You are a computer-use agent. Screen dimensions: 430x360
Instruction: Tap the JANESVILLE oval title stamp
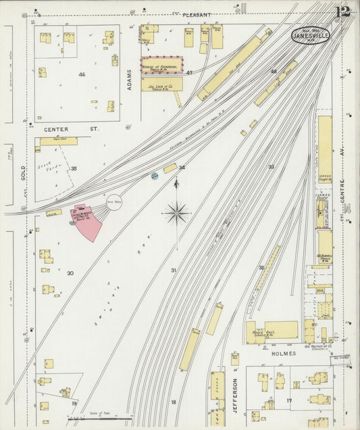tap(311, 34)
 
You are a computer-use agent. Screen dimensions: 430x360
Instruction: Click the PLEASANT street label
tap(197, 14)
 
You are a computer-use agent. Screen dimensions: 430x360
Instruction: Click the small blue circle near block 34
tap(155, 176)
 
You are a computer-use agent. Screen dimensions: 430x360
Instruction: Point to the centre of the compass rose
tap(176, 214)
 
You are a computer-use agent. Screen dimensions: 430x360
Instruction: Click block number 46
tap(82, 74)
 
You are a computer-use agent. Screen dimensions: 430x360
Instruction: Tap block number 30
tap(70, 273)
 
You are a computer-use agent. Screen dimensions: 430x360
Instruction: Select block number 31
tap(174, 270)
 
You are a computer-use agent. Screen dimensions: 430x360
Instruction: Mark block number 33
tap(271, 166)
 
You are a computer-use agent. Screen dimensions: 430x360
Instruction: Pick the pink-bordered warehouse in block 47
tap(161, 65)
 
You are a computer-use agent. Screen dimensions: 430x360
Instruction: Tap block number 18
tap(174, 402)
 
